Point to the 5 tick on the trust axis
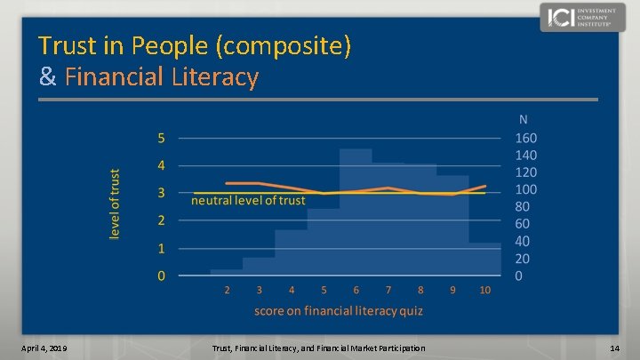coord(161,138)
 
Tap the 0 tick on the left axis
coord(161,276)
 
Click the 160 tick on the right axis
coord(526,138)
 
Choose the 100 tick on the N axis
coord(526,189)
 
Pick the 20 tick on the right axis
coord(523,259)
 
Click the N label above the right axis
coord(524,119)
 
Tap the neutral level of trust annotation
coord(249,201)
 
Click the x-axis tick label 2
coord(227,290)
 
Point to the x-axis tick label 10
coord(484,290)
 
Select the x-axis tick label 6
coord(356,290)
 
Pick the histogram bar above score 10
coord(484,260)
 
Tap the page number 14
coord(614,347)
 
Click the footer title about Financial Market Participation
coord(319,347)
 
